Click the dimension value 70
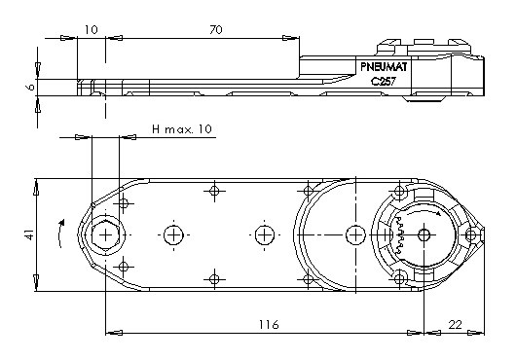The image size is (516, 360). pos(216,30)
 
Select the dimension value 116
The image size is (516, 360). pos(269,325)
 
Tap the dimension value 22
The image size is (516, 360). pos(456,325)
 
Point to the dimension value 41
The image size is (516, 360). pos(29,234)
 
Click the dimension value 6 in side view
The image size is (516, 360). pos(30,88)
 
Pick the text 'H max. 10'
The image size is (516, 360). pos(182,128)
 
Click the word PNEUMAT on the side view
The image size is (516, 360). pos(384,67)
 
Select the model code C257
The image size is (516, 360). pos(384,81)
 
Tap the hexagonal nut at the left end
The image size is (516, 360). pos(105,235)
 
